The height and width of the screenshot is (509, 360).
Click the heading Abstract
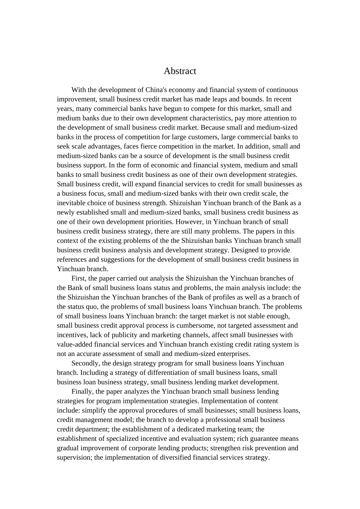[x=180, y=71]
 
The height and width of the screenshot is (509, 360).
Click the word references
[x=71, y=259]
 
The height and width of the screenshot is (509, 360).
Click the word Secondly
[x=85, y=363]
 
